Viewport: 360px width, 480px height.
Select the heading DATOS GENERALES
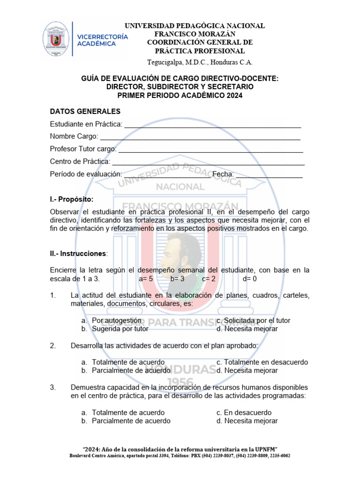click(x=85, y=111)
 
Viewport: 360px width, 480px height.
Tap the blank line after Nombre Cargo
click(x=200, y=136)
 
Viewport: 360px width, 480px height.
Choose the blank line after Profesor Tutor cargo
click(x=210, y=149)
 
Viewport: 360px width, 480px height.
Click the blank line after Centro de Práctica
click(x=208, y=162)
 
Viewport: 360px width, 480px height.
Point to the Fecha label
click(x=223, y=174)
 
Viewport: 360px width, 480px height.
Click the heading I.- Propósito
click(x=71, y=199)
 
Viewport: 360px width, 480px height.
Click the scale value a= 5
click(x=146, y=278)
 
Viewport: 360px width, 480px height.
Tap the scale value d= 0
click(x=249, y=278)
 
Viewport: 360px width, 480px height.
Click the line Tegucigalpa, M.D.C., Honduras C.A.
click(x=200, y=61)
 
